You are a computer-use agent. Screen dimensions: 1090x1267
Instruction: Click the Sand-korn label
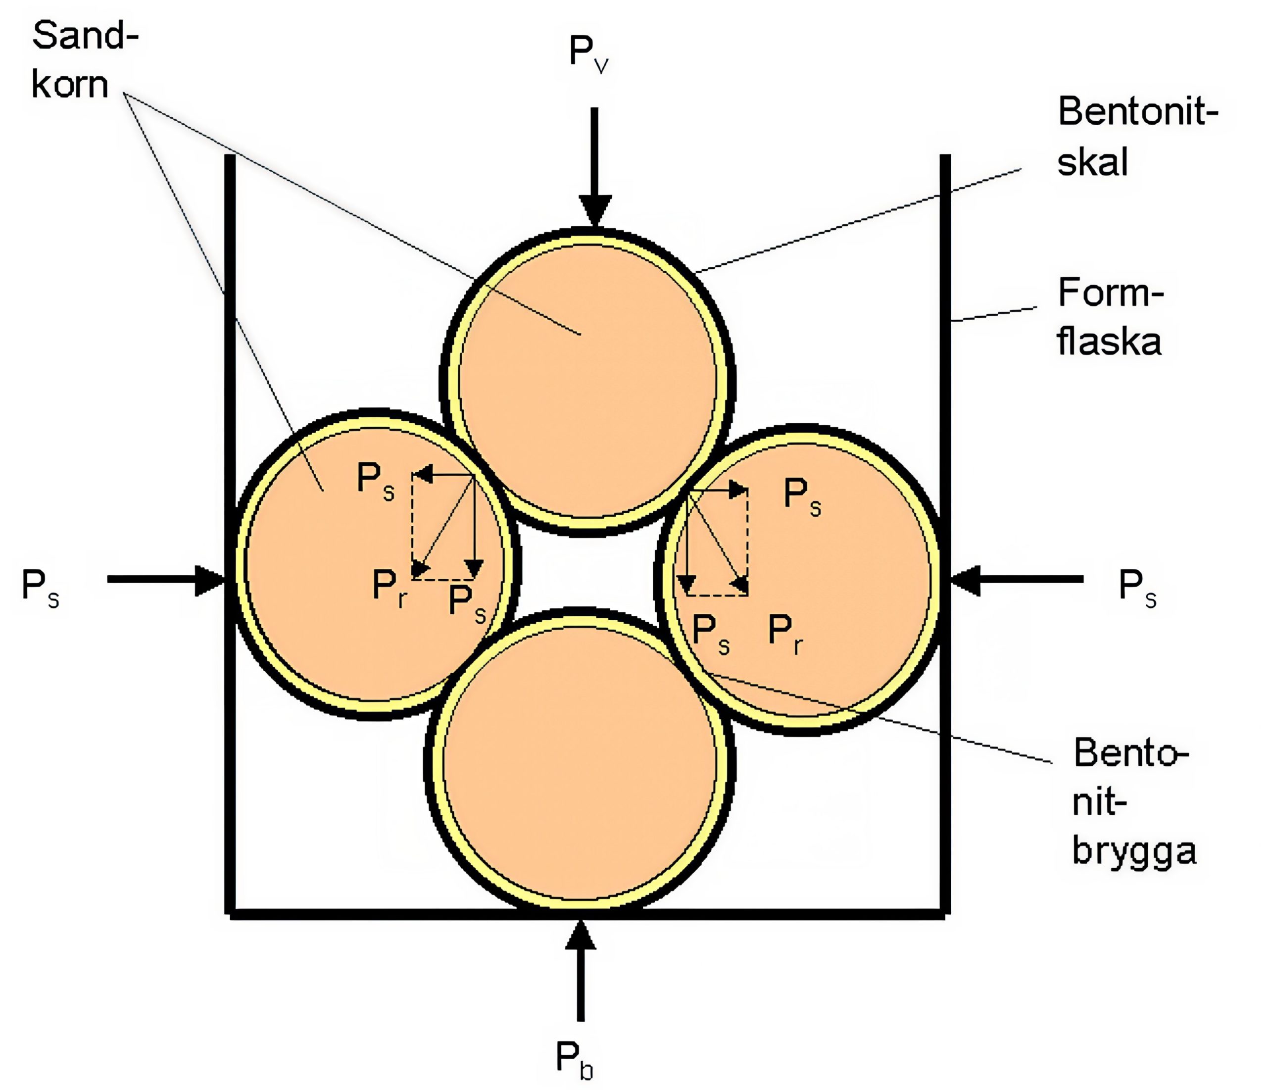[x=85, y=60]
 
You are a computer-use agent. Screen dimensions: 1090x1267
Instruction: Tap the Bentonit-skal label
[x=1136, y=137]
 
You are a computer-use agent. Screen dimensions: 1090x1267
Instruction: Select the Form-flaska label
[x=1109, y=317]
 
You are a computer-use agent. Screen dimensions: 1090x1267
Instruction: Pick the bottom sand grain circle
[x=580, y=765]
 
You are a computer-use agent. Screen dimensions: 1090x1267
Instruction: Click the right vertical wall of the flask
[x=945, y=428]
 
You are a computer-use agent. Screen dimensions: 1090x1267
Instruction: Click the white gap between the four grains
[x=587, y=572]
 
